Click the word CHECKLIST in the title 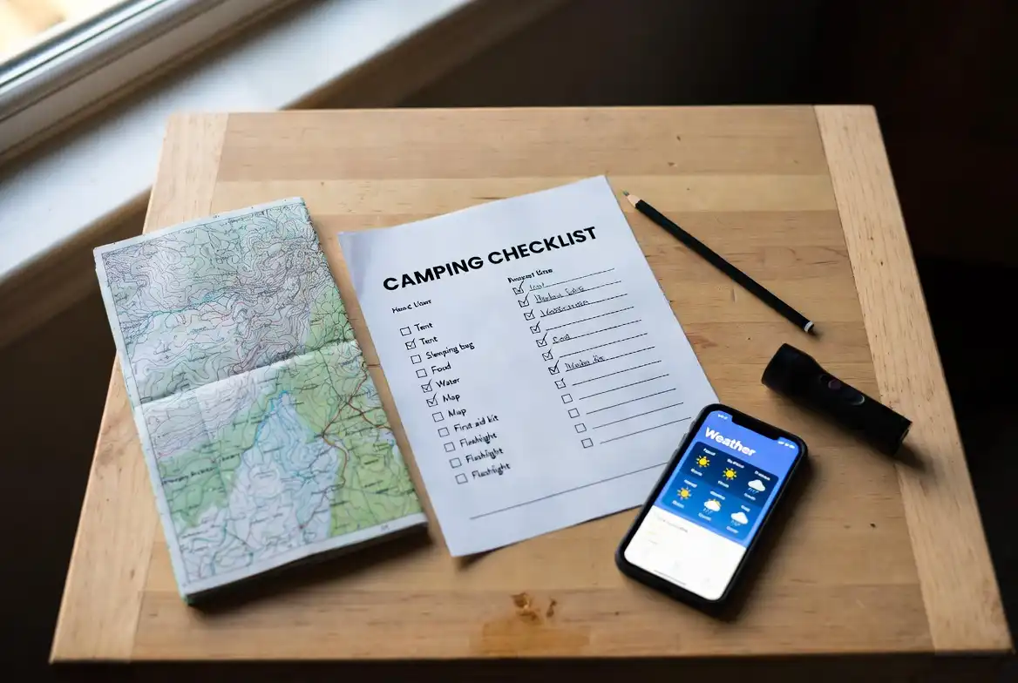542,247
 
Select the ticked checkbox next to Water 426,386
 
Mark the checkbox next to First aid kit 443,431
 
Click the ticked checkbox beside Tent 411,344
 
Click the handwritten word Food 440,368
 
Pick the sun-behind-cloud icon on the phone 712,505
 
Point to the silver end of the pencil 810,328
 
